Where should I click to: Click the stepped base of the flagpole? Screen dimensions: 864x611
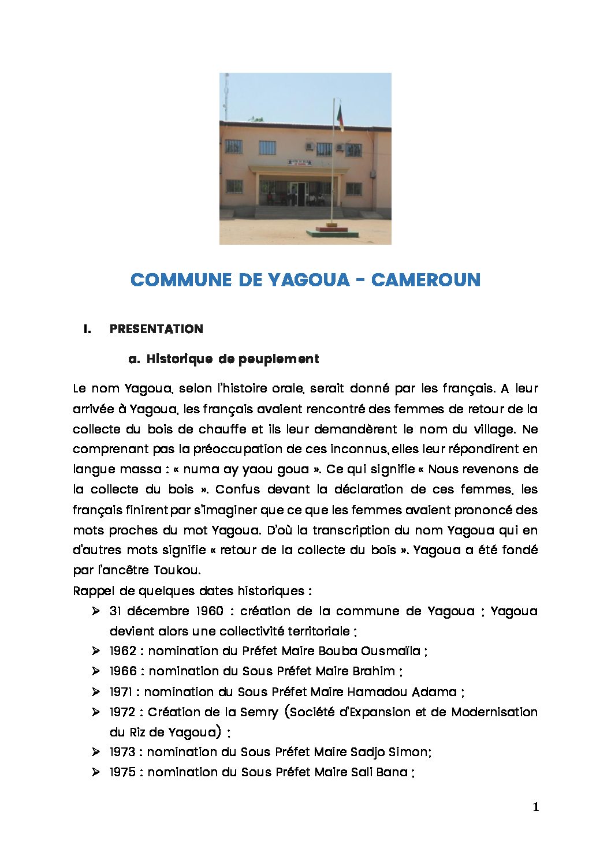click(331, 232)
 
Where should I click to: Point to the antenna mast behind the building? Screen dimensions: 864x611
click(226, 96)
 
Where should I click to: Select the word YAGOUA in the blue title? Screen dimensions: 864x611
click(309, 280)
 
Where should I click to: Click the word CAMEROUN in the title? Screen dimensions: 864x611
click(426, 280)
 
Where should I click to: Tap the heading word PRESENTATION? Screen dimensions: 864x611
click(156, 329)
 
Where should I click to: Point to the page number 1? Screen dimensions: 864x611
click(535, 807)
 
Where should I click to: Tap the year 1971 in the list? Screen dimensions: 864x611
click(121, 691)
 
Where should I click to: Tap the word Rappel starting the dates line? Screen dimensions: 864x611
click(93, 591)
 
